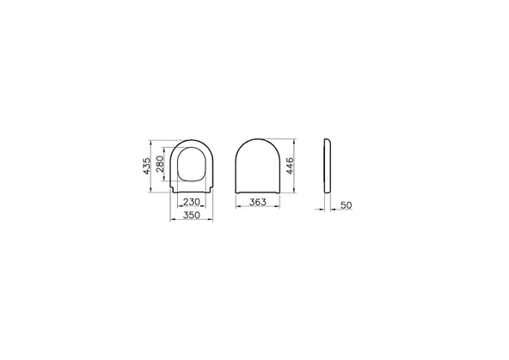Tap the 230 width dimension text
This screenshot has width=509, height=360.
pos(191,201)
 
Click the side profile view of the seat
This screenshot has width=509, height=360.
pos(328,165)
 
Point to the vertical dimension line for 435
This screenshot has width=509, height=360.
pos(154,165)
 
